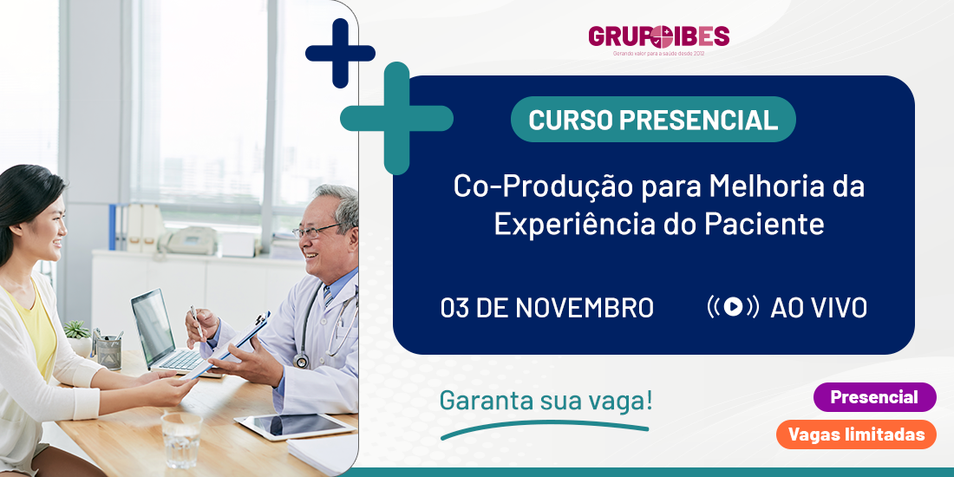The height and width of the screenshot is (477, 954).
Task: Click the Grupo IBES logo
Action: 658,40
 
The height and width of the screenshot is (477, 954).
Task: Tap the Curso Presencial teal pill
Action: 653,120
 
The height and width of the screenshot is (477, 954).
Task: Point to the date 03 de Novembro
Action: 547,308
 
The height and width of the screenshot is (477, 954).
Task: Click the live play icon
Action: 733,307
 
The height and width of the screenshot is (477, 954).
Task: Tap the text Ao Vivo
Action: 819,308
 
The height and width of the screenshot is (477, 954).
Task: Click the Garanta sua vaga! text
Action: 546,402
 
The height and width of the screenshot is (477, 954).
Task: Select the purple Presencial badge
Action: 874,397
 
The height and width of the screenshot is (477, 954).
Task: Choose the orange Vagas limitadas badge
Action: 856,435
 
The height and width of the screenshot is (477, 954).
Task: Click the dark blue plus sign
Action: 340,53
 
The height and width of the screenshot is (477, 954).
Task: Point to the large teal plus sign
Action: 396,118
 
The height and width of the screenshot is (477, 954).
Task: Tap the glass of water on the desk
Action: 181,440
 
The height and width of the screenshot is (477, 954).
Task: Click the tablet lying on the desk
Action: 295,426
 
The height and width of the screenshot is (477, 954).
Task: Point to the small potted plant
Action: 78,338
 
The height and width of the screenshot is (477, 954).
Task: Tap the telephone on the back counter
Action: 187,240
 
